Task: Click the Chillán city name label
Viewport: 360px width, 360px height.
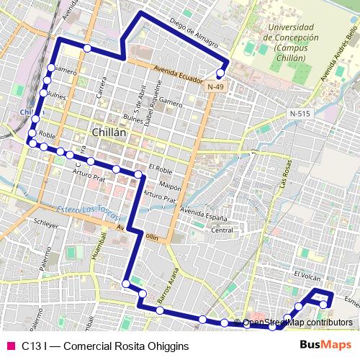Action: click(109, 132)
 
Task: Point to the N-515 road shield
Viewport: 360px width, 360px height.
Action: click(300, 114)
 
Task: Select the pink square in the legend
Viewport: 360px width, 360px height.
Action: click(10, 346)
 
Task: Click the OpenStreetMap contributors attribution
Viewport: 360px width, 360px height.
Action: click(297, 323)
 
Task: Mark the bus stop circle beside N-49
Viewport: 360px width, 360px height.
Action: click(220, 73)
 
